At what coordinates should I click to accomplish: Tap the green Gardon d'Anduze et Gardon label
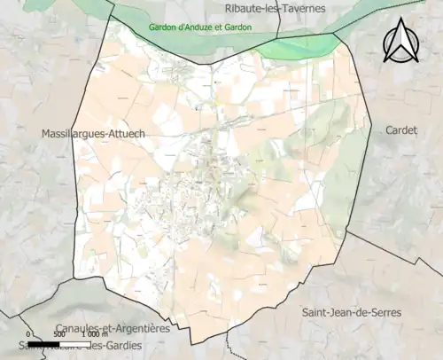pyautogui.click(x=199, y=27)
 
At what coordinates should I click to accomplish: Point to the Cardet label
pyautogui.click(x=401, y=129)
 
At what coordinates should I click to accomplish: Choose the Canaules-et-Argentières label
pyautogui.click(x=112, y=328)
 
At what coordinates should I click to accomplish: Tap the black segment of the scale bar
pyautogui.click(x=43, y=343)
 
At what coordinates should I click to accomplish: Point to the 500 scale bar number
pyautogui.click(x=58, y=335)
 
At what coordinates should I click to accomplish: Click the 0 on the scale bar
pyautogui.click(x=28, y=335)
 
